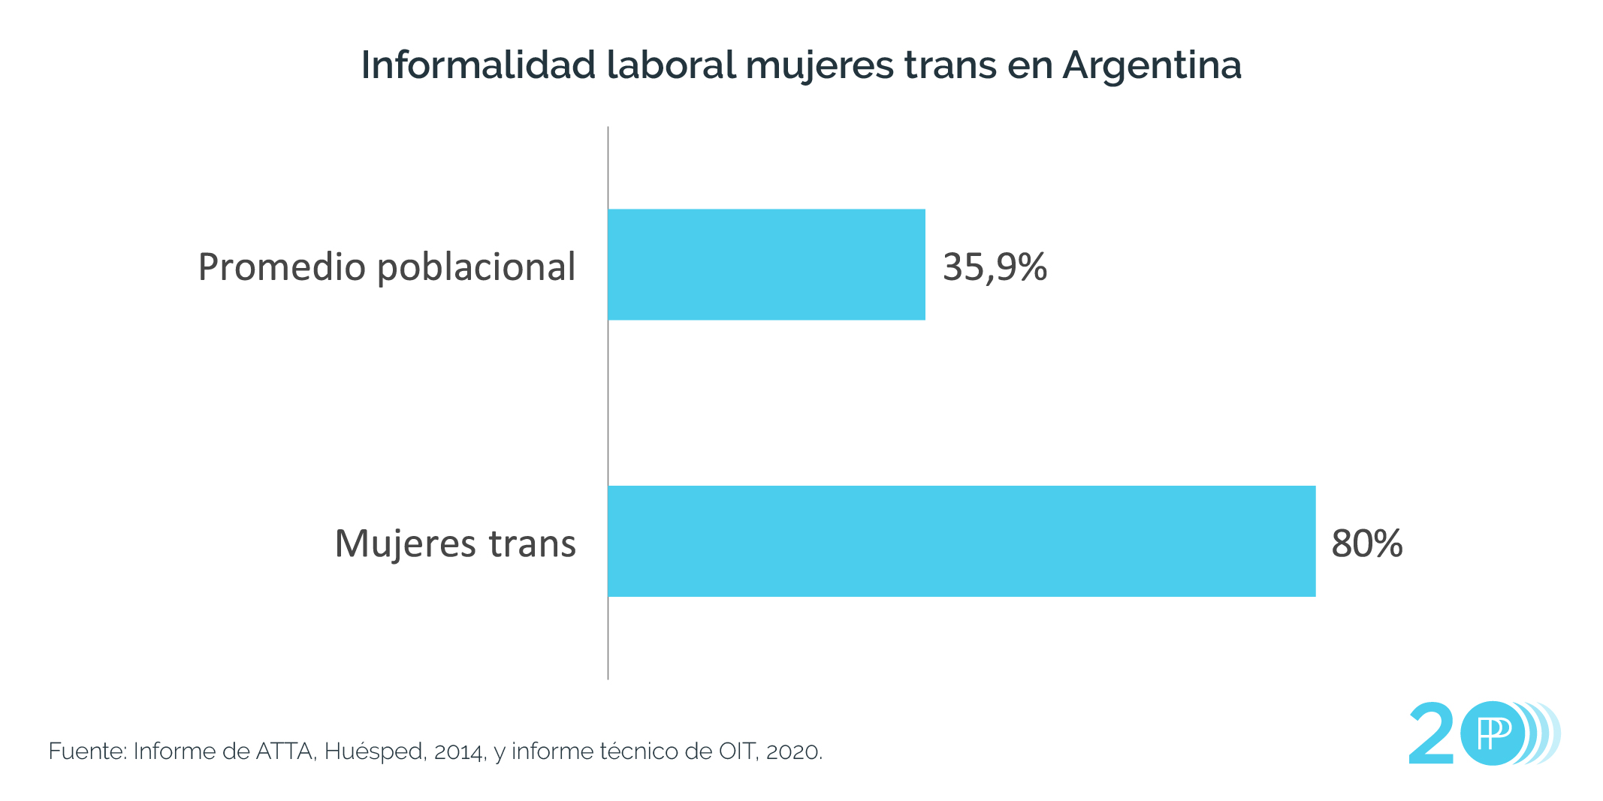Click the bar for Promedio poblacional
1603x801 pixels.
click(766, 264)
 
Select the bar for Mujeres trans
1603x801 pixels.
click(961, 541)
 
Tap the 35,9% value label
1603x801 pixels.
click(995, 267)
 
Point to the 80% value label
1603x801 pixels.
click(1366, 544)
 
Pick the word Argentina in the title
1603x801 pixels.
click(1152, 66)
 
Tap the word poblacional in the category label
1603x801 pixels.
click(476, 267)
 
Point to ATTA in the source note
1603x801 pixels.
click(285, 751)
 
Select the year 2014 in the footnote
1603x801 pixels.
click(459, 752)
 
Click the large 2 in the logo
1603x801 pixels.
click(1432, 733)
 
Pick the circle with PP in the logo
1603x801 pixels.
click(1493, 733)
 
